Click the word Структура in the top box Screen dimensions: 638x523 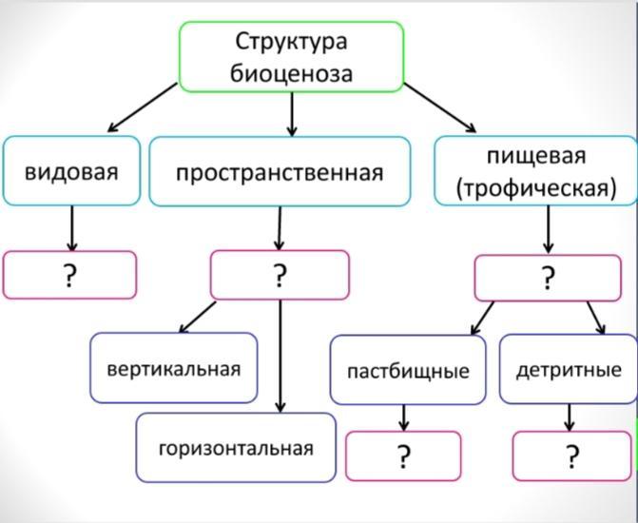click(291, 43)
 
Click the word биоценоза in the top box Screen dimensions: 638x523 click(291, 73)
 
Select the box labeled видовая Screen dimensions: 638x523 click(71, 170)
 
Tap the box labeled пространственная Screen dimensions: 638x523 click(280, 171)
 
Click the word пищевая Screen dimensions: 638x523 click(536, 157)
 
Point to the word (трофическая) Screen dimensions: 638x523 click(536, 188)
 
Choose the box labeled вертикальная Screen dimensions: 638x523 click(174, 368)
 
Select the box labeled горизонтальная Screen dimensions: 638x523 click(236, 448)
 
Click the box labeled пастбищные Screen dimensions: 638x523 click(408, 370)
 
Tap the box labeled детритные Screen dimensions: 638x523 click(569, 369)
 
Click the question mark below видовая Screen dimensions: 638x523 click(70, 276)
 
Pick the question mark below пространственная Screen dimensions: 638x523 click(280, 276)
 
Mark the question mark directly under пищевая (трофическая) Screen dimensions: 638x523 click(548, 278)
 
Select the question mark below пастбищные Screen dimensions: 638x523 click(403, 456)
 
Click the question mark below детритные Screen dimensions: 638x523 click(571, 456)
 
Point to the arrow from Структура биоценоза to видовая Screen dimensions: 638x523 click(143, 107)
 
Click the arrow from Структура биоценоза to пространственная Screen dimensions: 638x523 click(292, 114)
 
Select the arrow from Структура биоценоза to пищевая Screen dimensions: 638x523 click(439, 107)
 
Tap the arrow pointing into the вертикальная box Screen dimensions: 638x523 click(198, 317)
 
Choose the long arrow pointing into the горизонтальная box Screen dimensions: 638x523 click(280, 357)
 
